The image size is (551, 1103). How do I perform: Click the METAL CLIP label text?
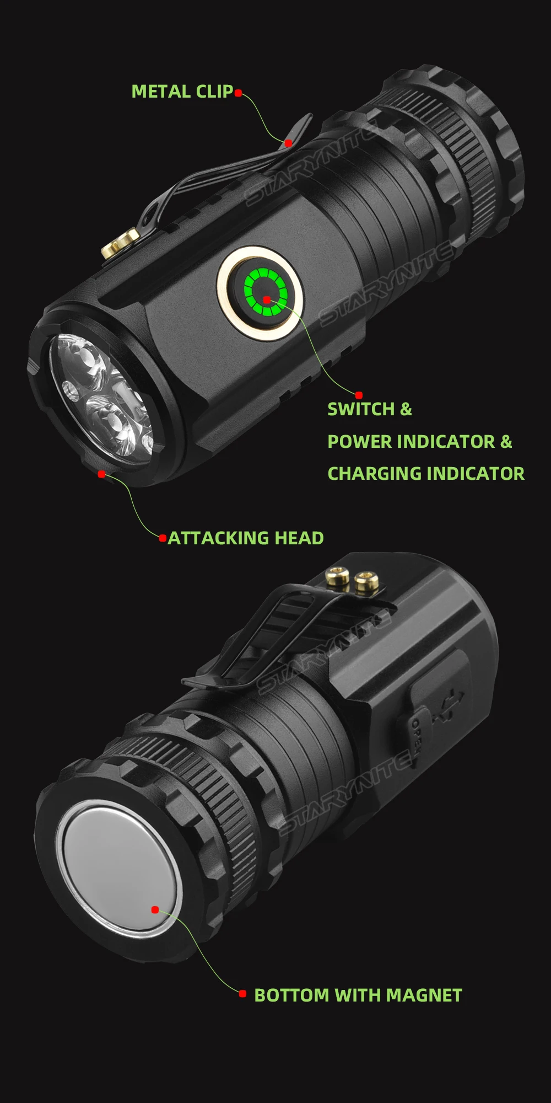[182, 92]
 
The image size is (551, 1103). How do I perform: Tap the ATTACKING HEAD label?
[245, 538]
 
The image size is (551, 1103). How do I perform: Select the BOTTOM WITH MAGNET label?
[358, 995]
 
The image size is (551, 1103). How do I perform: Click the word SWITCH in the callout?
[361, 409]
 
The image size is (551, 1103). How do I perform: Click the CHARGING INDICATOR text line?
[426, 473]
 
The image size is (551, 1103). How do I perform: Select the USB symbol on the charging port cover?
[447, 706]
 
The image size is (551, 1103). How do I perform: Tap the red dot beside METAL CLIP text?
[238, 93]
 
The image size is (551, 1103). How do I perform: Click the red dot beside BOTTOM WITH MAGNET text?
[242, 994]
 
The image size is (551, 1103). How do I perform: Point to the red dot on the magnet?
[155, 909]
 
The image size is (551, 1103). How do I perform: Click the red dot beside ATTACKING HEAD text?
[163, 538]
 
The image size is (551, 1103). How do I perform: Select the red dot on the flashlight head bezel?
[101, 474]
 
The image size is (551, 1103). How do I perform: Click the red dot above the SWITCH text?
[359, 395]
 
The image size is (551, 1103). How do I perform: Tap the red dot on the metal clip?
[288, 143]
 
